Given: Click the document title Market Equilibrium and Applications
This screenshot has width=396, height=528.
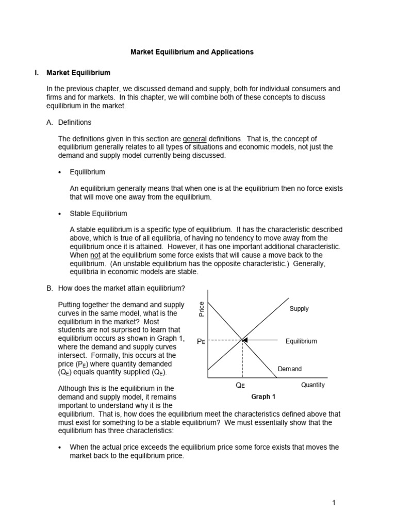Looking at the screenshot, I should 191,52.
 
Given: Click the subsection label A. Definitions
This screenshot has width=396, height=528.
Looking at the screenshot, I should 69,122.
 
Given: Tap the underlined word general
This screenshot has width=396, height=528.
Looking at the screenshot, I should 195,139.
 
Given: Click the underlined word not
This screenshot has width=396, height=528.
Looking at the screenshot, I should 95,255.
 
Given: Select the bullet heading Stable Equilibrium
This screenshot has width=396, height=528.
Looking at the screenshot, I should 98,213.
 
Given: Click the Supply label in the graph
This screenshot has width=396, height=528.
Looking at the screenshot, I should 299,309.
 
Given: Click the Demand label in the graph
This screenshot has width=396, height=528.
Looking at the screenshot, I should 290,369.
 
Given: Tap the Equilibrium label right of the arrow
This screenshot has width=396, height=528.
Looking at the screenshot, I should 301,341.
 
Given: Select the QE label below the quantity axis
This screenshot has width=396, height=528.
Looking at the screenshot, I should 240,386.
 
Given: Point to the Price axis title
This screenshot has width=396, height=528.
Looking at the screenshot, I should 202,309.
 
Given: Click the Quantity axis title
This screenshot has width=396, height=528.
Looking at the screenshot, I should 313,385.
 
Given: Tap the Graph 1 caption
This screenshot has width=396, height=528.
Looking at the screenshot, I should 263,397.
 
